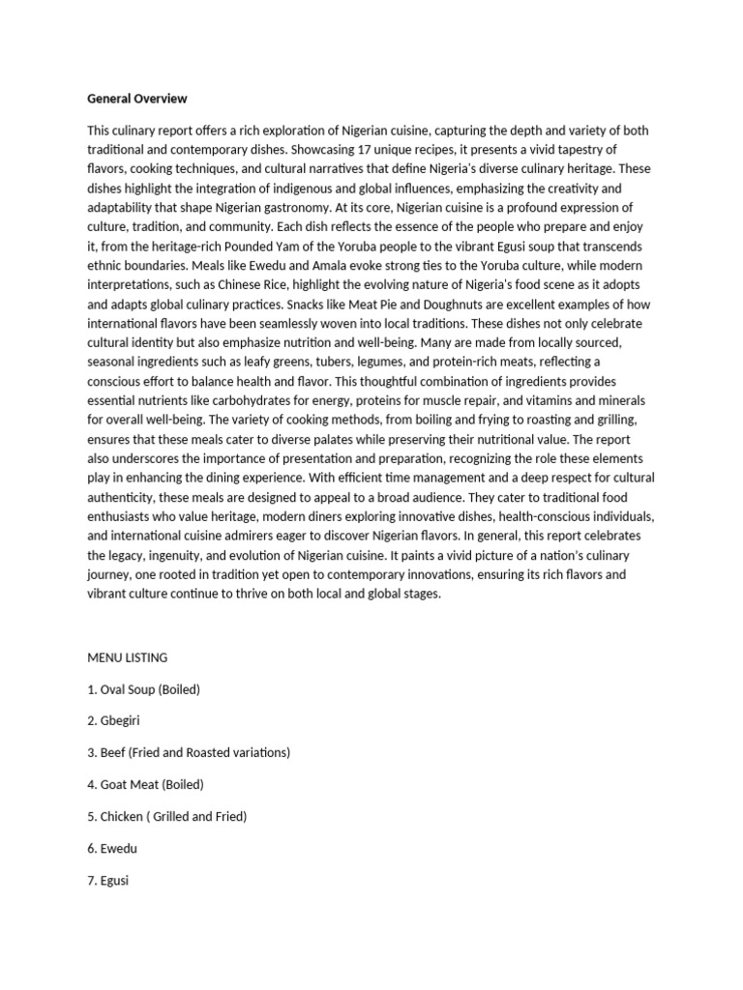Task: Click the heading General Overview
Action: (x=136, y=99)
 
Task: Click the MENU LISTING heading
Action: (x=127, y=657)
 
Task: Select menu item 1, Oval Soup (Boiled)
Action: (x=143, y=689)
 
